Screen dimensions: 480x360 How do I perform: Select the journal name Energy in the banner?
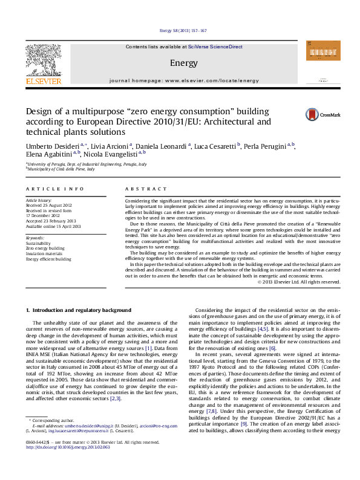pos(180,63)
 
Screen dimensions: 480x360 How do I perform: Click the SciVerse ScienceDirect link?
pos(215,47)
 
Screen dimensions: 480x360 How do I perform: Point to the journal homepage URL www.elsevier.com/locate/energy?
pos(206,80)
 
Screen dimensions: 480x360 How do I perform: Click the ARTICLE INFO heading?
pos(55,189)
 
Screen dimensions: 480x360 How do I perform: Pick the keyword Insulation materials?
pos(43,253)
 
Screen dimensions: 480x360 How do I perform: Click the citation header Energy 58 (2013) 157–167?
pos(182,30)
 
